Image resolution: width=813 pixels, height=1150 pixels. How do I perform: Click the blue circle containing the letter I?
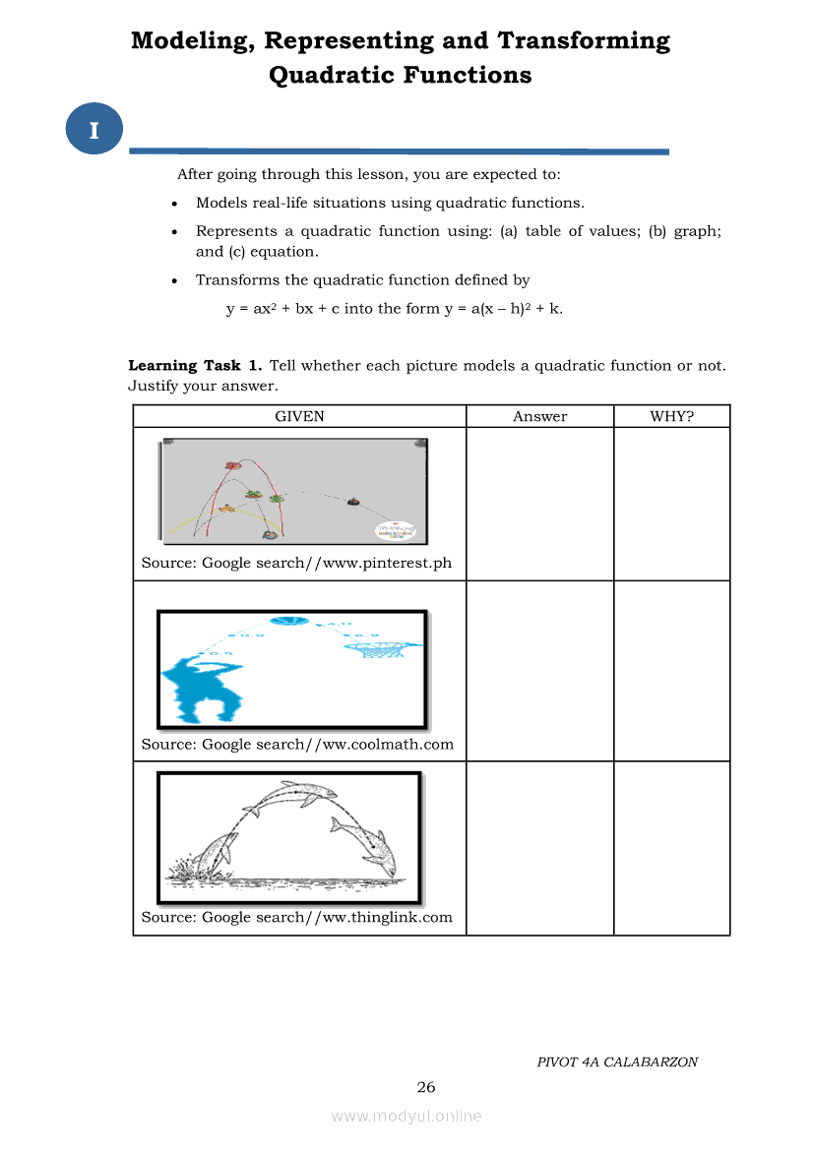point(94,130)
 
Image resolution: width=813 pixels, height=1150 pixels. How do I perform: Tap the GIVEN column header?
point(299,416)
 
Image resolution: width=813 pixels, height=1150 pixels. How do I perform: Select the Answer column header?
point(539,416)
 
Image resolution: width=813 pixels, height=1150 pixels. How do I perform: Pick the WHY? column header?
point(671,416)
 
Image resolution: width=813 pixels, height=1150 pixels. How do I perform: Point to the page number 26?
point(425,1087)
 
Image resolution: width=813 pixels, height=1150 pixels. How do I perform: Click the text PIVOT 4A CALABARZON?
point(617,1061)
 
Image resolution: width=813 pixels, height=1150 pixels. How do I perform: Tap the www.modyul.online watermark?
point(406,1116)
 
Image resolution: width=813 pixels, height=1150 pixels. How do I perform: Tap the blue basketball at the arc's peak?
point(289,621)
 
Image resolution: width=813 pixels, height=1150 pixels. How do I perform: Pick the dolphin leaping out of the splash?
point(217,849)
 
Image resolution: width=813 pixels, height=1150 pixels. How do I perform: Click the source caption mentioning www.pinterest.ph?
point(296,563)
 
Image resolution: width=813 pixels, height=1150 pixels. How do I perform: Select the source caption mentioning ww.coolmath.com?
point(297,744)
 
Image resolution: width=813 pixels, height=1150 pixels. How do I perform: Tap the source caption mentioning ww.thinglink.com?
point(296,917)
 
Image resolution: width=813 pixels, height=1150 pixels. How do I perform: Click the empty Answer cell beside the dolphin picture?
point(539,848)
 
